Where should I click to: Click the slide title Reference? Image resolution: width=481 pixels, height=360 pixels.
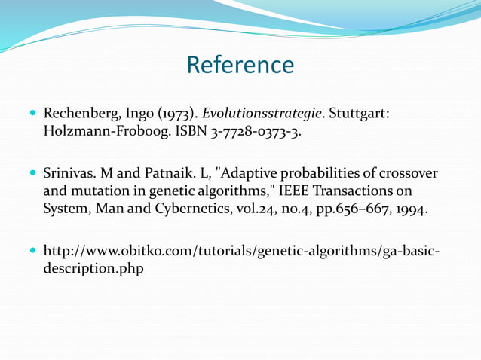(x=240, y=65)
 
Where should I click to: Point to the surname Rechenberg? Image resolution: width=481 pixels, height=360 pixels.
(x=79, y=114)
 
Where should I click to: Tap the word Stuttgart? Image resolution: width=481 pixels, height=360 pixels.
(x=358, y=114)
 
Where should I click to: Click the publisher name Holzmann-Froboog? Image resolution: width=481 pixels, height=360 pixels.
(x=102, y=133)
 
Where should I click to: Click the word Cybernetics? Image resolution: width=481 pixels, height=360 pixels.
(x=184, y=209)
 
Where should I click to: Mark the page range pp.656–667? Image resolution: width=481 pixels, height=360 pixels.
(x=354, y=209)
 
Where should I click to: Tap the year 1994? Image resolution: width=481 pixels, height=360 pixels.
(x=412, y=209)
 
